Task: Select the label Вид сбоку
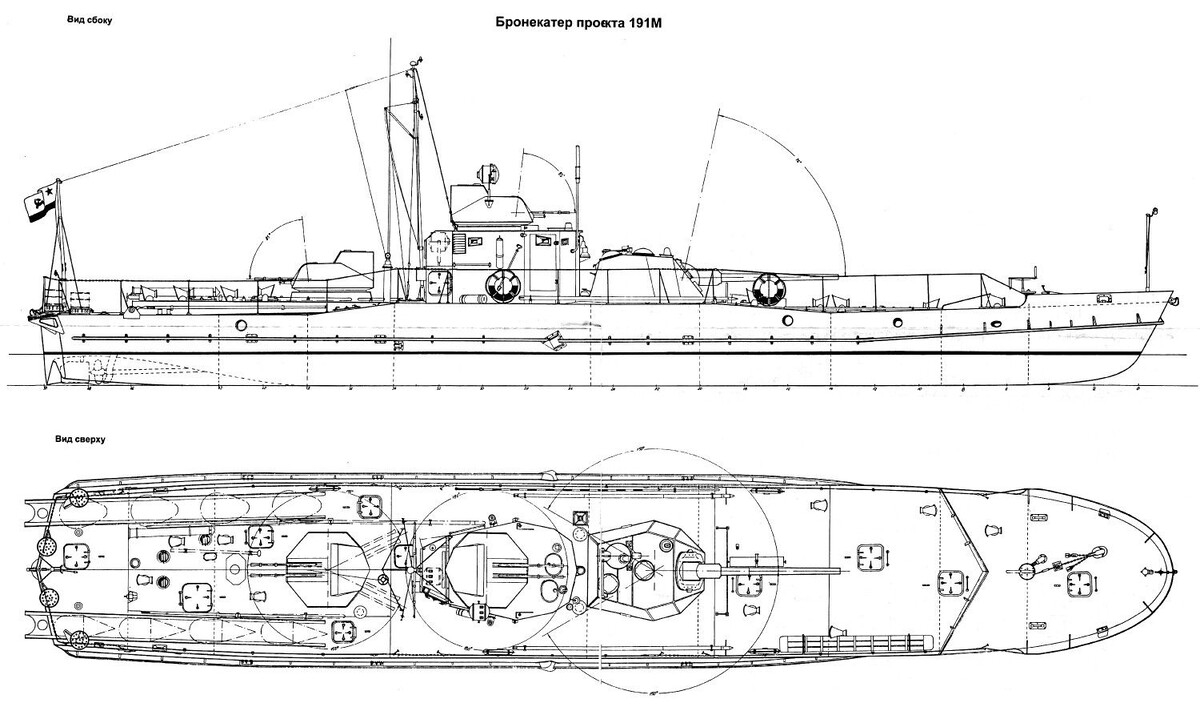pyautogui.click(x=85, y=21)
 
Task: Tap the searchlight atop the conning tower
pyautogui.click(x=490, y=172)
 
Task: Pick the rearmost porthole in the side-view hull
pyautogui.click(x=242, y=325)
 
